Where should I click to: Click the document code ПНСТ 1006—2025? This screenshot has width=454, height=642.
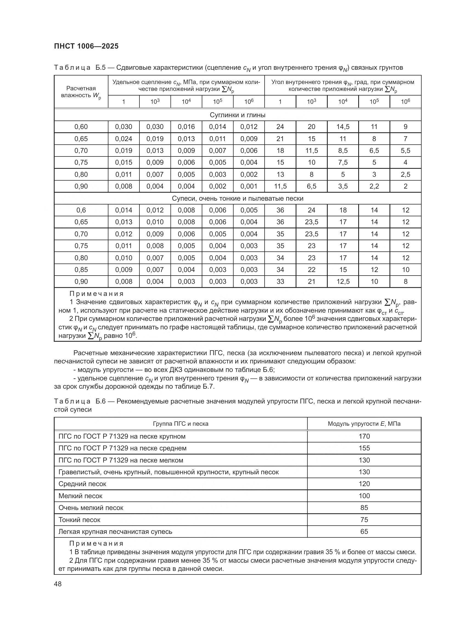(x=86, y=46)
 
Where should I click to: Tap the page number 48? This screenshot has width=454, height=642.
(x=58, y=584)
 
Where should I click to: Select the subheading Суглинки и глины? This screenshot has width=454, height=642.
(x=237, y=115)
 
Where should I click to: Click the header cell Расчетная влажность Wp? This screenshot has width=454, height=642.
(x=81, y=92)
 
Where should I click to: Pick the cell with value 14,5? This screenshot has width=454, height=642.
(x=343, y=127)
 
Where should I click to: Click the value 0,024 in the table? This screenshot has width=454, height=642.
(x=124, y=139)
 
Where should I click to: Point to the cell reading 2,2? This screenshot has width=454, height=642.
(x=374, y=186)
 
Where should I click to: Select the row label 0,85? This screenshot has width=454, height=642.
(x=81, y=270)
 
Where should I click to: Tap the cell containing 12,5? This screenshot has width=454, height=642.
(x=343, y=282)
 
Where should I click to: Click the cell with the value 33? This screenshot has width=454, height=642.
(x=280, y=282)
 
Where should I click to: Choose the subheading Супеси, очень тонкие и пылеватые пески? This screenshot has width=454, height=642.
(x=237, y=198)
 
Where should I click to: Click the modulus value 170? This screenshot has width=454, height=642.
(x=364, y=436)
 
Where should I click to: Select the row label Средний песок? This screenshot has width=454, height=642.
(x=82, y=484)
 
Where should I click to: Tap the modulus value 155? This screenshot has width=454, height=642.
(x=364, y=448)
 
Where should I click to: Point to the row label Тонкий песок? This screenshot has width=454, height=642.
(x=79, y=520)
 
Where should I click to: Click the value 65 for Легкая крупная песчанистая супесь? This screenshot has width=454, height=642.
(x=364, y=532)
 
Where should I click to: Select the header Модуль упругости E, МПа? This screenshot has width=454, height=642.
(x=364, y=424)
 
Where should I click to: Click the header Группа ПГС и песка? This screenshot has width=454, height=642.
(x=181, y=424)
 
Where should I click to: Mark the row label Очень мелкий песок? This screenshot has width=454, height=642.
(x=91, y=508)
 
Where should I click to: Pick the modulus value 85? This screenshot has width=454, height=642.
(x=364, y=508)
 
